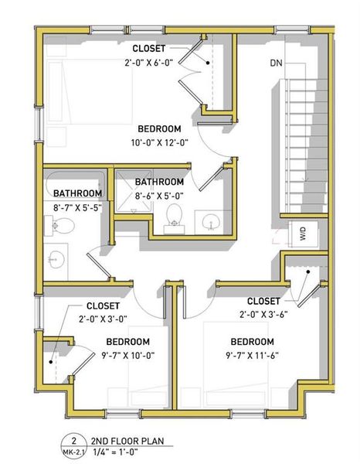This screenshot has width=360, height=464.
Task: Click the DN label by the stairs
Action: (277, 63)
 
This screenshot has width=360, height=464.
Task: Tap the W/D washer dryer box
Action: (301, 233)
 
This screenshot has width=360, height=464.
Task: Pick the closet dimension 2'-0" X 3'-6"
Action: (263, 314)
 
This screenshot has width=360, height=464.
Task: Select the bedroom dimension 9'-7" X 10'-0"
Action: (127, 355)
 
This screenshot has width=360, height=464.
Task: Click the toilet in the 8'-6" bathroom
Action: (175, 216)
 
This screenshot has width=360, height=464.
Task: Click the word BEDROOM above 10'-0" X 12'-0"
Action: (160, 128)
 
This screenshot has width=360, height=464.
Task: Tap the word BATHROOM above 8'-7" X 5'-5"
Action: (77, 193)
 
